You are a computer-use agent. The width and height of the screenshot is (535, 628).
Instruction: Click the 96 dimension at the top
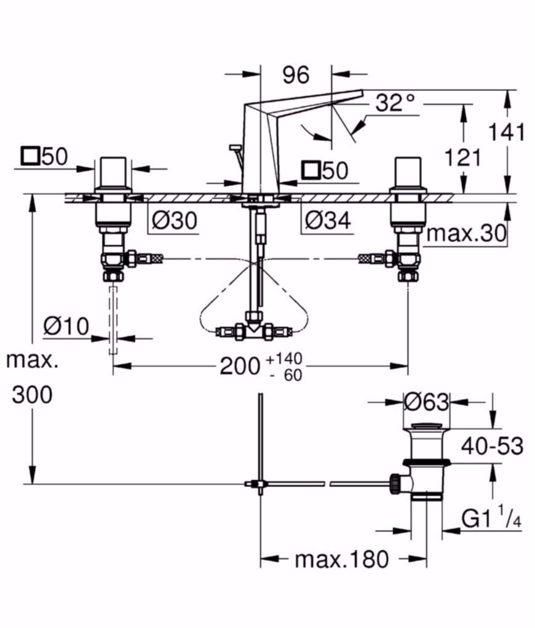[x=296, y=75]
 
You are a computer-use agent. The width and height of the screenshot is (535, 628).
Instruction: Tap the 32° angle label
[x=395, y=103]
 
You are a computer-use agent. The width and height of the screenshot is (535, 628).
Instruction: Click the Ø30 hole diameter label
[x=175, y=220]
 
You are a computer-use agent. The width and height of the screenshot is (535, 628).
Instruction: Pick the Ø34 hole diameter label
[x=328, y=220]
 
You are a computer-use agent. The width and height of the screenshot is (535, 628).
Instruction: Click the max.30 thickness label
[x=466, y=234]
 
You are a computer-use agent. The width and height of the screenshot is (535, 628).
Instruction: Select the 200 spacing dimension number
[x=240, y=365]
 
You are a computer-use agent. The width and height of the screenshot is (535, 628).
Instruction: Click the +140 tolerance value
[x=284, y=359]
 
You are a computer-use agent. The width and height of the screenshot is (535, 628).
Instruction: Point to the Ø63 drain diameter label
[x=426, y=402]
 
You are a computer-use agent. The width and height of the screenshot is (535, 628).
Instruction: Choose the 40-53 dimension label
[x=492, y=446]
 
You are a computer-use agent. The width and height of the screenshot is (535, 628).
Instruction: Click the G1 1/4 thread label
[x=491, y=517]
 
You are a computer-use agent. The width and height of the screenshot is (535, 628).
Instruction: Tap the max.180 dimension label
[x=341, y=558]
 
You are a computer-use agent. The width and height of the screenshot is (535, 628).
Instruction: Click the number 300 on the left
[x=32, y=394]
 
